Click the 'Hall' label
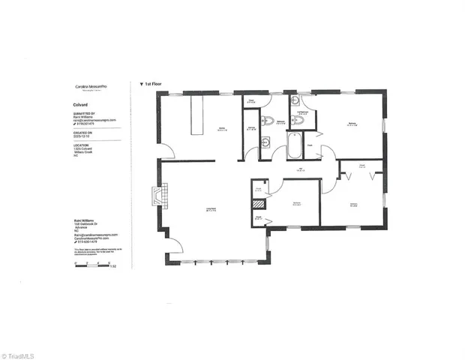pos(299,169)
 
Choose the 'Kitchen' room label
pos(222,127)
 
